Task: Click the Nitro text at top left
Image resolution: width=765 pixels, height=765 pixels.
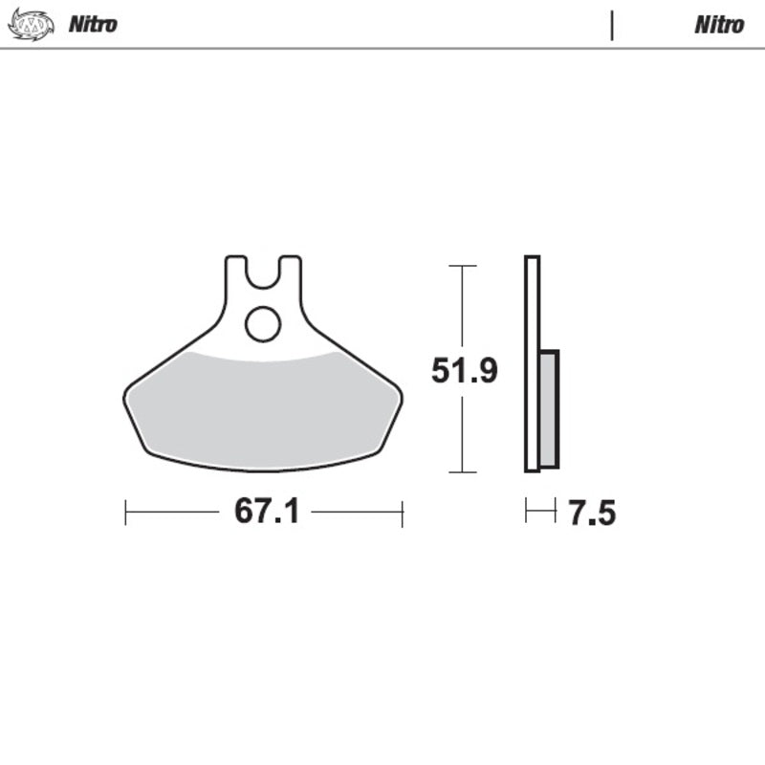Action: pos(93,24)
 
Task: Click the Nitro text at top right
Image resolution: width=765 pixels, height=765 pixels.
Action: pos(719,24)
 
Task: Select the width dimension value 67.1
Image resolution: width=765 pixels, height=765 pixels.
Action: pos(267,513)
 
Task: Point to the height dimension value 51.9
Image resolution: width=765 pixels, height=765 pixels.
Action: pos(464,370)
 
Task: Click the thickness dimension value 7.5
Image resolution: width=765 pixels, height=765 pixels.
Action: pos(592,514)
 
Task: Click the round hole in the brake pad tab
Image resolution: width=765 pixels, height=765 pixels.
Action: pos(263,324)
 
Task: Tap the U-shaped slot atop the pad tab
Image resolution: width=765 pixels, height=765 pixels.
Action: pos(263,273)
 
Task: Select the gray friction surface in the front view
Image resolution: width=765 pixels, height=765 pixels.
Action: pos(263,411)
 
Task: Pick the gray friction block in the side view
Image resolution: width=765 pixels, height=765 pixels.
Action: pos(549,409)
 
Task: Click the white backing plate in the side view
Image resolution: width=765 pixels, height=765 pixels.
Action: pos(533,363)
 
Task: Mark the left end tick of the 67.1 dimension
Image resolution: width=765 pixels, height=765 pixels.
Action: pos(125,513)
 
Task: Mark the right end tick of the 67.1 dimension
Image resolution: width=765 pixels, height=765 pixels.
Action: pos(402,513)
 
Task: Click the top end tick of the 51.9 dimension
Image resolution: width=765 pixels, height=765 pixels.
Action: pos(463,266)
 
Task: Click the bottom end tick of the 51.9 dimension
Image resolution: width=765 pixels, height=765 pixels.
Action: pos(463,471)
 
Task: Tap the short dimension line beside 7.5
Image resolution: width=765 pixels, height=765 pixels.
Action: pos(540,513)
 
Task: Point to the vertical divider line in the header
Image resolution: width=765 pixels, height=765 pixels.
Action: pos(611,25)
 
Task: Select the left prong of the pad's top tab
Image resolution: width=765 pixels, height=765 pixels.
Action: pos(235,273)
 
